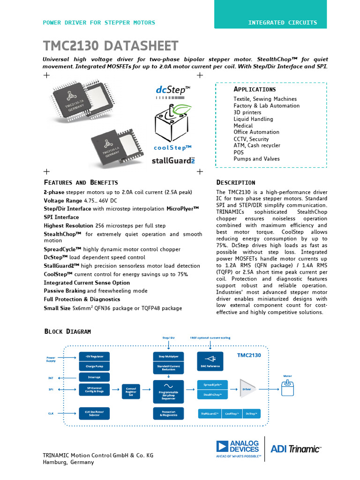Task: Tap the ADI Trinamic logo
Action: pyautogui.click(x=296, y=449)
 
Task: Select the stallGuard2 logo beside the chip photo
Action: pyautogui.click(x=173, y=160)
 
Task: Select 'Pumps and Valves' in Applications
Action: pyautogui.click(x=256, y=159)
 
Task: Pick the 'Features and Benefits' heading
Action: pyautogui.click(x=81, y=182)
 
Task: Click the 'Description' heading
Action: pyautogui.click(x=235, y=182)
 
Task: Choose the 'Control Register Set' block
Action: pyautogui.click(x=131, y=391)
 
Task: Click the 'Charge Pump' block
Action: pyautogui.click(x=94, y=367)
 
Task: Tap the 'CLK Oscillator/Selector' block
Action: pyautogui.click(x=94, y=412)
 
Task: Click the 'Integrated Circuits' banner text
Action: pyautogui.click(x=282, y=22)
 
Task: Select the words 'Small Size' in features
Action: pyautogui.click(x=57, y=308)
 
